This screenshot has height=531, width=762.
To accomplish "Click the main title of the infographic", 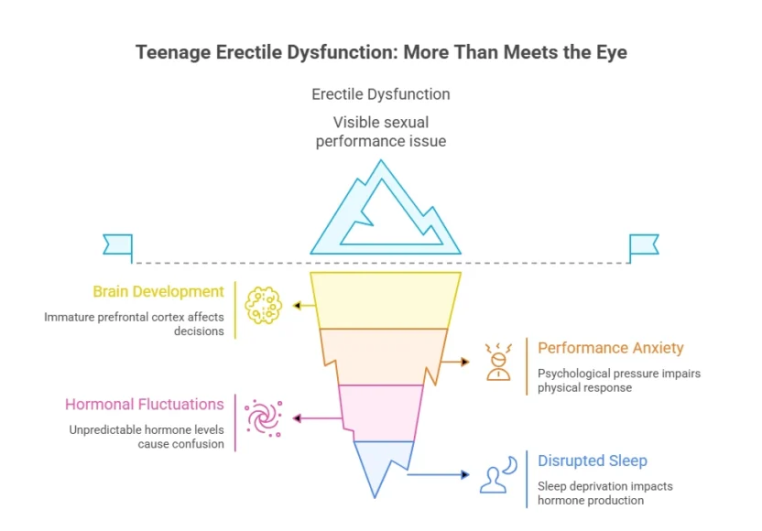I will [381, 52].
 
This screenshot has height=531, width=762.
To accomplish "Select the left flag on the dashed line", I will [118, 244].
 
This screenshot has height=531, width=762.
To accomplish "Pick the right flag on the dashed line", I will [643, 244].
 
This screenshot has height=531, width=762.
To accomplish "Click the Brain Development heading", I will [158, 292].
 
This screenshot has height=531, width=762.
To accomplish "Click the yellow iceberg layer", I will [385, 300].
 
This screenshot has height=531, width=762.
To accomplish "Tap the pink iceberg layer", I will [381, 412].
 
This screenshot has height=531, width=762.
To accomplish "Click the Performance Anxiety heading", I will [610, 348].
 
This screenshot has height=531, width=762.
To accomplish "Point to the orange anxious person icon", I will [498, 361].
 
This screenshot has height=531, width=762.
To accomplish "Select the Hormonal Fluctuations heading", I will [145, 404].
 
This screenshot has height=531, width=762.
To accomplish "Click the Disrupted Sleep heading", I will [593, 461].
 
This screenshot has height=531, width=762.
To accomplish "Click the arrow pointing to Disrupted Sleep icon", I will [439, 474].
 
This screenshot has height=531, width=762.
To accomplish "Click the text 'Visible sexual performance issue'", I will [381, 131].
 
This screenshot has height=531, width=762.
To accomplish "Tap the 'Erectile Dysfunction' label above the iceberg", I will [381, 94].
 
